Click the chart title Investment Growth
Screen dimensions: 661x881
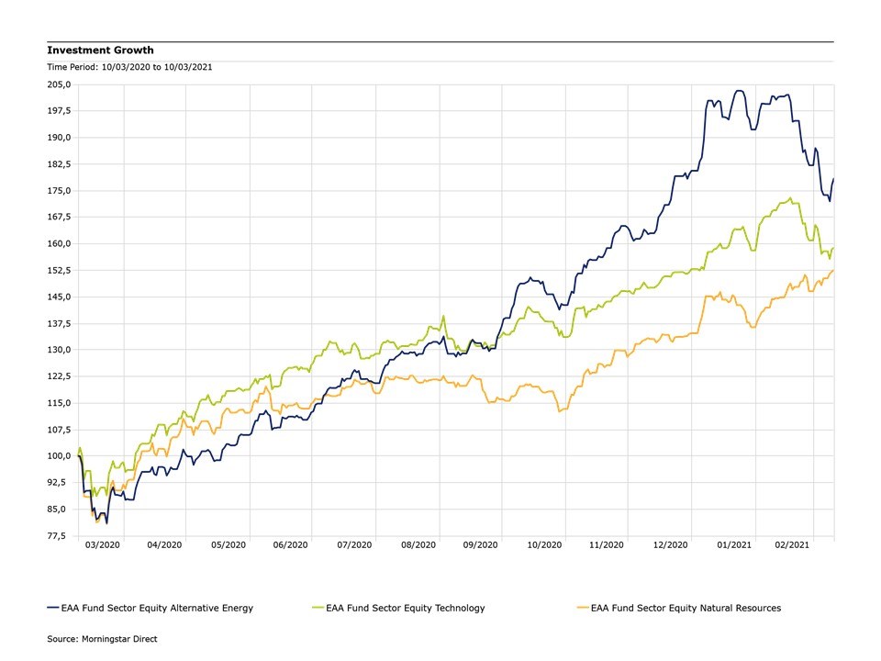point(101,50)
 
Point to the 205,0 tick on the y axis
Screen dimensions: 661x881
point(59,84)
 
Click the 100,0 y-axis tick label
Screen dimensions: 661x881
point(59,456)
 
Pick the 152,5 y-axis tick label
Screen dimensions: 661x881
point(59,271)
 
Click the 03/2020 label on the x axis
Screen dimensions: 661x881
point(103,545)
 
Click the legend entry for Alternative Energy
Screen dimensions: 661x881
point(149,608)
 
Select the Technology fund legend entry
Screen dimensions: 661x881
point(398,608)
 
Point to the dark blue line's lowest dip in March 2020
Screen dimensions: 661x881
point(106,523)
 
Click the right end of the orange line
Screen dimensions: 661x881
point(833,271)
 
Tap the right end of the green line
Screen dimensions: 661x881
point(833,247)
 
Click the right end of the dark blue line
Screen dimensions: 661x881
point(833,178)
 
